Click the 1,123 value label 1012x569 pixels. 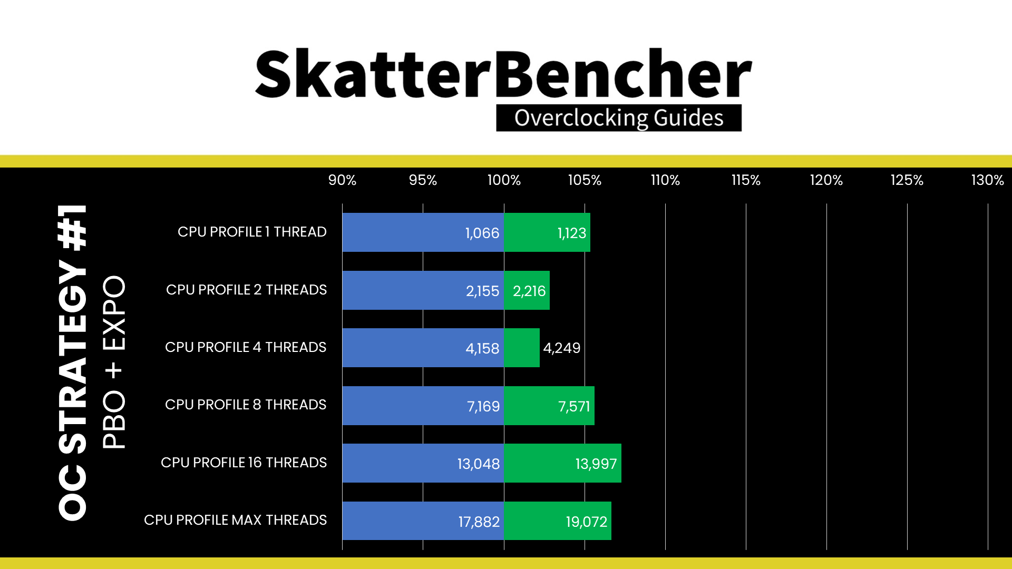coord(572,233)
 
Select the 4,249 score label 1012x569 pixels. coord(562,348)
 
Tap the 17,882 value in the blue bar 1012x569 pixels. coord(479,522)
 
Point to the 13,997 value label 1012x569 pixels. coord(596,464)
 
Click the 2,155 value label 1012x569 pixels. coord(482,291)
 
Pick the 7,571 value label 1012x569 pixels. coord(574,406)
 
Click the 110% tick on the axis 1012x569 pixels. coord(665,180)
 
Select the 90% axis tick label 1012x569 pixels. coord(342,180)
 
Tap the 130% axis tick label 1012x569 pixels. coord(987,180)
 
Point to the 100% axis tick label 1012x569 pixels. coord(504,180)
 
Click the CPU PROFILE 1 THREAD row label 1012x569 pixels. coord(252,232)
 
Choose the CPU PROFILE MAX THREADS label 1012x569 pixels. coord(235,520)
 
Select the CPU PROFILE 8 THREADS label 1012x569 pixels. coord(246,405)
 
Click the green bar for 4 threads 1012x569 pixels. coord(522,348)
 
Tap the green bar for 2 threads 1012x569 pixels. coord(527,290)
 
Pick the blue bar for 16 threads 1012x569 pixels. coord(423,463)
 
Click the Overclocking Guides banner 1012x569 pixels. coord(619,117)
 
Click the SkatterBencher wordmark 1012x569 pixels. coord(503,74)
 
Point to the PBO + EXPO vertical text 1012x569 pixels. coord(114,362)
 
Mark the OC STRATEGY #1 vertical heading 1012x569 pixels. coord(73,362)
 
